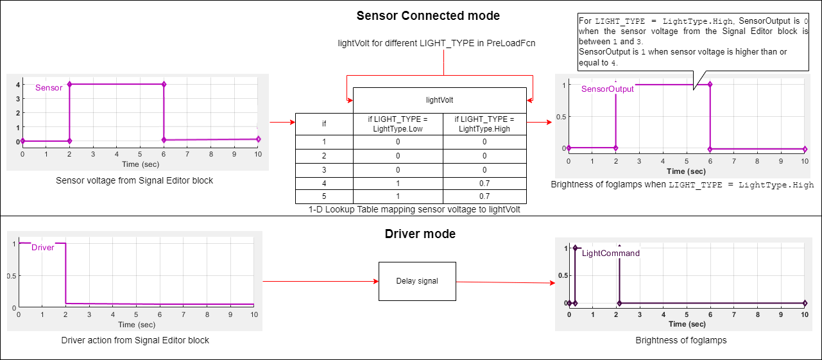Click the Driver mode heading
tap(420, 234)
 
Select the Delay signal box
tap(417, 281)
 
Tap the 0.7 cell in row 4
tap(484, 184)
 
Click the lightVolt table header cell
tap(440, 100)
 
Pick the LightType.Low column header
tap(398, 124)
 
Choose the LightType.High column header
tap(484, 124)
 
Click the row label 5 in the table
tap(324, 197)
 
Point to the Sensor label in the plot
tap(49, 88)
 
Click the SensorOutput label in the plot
tap(607, 89)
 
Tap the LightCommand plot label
tap(611, 253)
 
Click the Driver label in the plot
tap(43, 248)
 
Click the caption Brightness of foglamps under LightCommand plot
tap(681, 340)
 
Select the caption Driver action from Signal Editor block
tap(135, 340)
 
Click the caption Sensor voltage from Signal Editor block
tap(135, 180)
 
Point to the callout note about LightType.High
tap(692, 42)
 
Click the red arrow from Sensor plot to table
tap(281, 121)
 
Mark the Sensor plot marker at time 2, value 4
tap(69, 84)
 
